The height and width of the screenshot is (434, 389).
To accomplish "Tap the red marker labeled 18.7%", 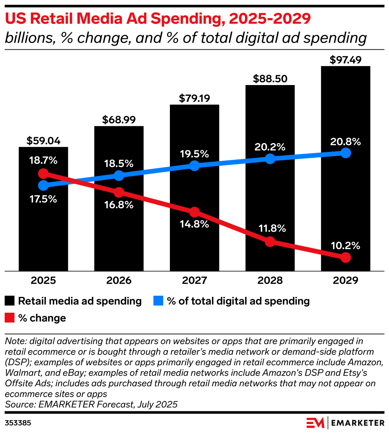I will (x=43, y=174).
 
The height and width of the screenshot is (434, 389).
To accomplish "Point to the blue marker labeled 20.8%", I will (x=346, y=153).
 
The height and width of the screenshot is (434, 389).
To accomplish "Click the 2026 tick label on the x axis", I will (x=119, y=281).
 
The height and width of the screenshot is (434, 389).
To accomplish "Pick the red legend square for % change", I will (x=10, y=318).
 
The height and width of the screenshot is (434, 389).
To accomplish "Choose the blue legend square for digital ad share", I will (x=158, y=301).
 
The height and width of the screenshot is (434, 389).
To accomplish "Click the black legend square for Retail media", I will (x=10, y=301).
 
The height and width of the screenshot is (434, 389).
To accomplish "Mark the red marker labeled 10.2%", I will (x=346, y=258).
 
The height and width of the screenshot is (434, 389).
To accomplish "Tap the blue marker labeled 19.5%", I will (x=194, y=166).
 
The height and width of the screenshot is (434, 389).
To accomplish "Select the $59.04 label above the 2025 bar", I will (x=43, y=141).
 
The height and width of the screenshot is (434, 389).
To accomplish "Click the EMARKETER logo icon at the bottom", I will (x=315, y=422).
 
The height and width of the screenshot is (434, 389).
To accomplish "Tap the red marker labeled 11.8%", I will (x=270, y=241).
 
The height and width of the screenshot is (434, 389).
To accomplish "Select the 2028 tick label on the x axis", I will (x=270, y=281).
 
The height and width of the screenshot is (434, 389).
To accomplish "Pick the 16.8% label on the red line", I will (x=119, y=205).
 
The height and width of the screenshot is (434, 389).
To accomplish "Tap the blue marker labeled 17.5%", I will (x=43, y=185).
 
